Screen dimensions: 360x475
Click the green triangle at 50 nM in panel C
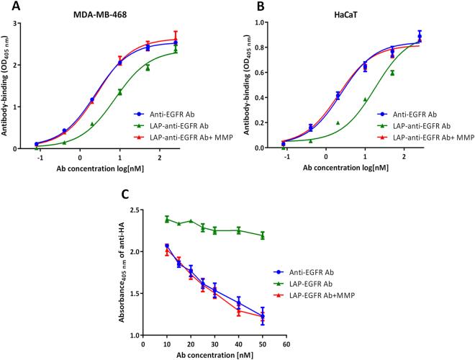click(x=263, y=235)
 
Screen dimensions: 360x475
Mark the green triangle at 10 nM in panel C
click(x=167, y=219)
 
